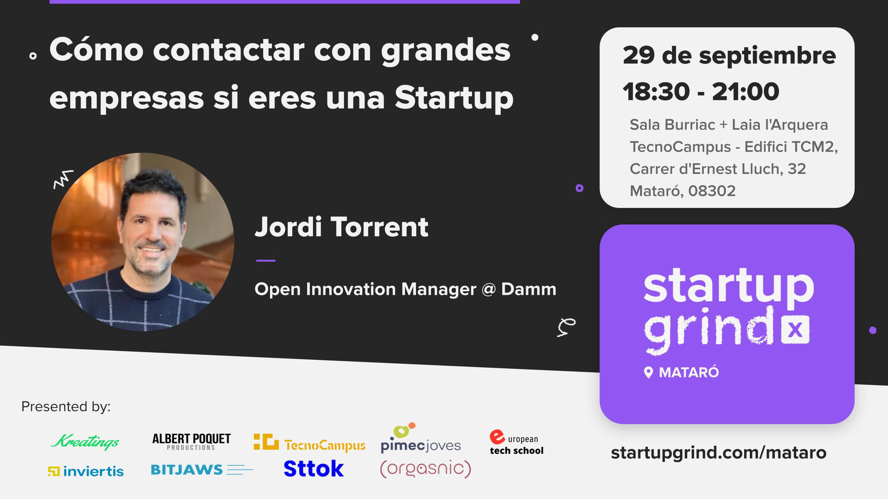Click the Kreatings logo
pyautogui.click(x=85, y=442)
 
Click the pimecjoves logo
pyautogui.click(x=421, y=438)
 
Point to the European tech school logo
pyautogui.click(x=516, y=442)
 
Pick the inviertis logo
pyautogui.click(x=86, y=471)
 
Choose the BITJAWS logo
pyautogui.click(x=202, y=470)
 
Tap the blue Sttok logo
pyautogui.click(x=314, y=468)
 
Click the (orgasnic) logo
pyautogui.click(x=426, y=470)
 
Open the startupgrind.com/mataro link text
pyautogui.click(x=719, y=453)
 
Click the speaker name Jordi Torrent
pyautogui.click(x=342, y=227)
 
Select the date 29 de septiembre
pyautogui.click(x=729, y=56)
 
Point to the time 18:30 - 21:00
pyautogui.click(x=701, y=92)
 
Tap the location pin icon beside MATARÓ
pyautogui.click(x=648, y=373)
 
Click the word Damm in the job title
pyautogui.click(x=529, y=289)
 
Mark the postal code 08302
pyautogui.click(x=712, y=191)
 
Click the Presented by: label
pyautogui.click(x=66, y=407)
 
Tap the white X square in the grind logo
pyautogui.click(x=795, y=330)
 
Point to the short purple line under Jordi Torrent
pyautogui.click(x=266, y=261)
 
